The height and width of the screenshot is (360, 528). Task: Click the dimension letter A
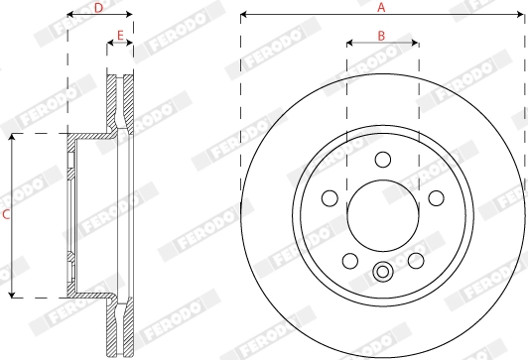pyautogui.click(x=380, y=7)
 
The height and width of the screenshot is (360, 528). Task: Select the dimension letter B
pyautogui.click(x=382, y=36)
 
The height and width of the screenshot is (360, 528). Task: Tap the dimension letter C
pyautogui.click(x=5, y=214)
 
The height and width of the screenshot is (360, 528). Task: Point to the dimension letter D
pyautogui.click(x=98, y=7)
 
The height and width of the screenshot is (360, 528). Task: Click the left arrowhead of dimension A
pyautogui.click(x=243, y=16)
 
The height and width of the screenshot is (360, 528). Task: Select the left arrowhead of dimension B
pyautogui.click(x=349, y=44)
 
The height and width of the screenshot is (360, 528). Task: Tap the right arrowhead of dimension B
pyautogui.click(x=415, y=44)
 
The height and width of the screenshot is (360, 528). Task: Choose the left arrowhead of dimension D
pyautogui.click(x=70, y=16)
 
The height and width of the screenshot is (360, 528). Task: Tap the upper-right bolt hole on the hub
pyautogui.click(x=434, y=197)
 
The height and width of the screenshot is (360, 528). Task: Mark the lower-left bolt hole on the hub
pyautogui.click(x=350, y=259)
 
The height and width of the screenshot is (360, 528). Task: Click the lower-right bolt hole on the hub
pyautogui.click(x=414, y=259)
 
